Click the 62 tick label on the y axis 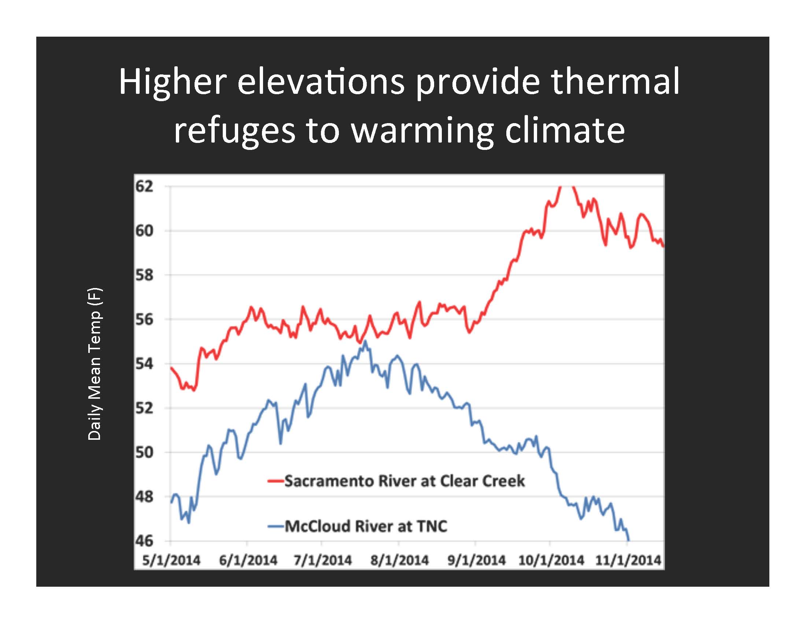tap(144, 187)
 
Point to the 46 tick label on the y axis tap(144, 541)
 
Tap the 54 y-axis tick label tap(144, 364)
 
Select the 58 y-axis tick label tap(144, 275)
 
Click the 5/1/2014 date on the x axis tap(171, 560)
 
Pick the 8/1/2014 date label tap(400, 560)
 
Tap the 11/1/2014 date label tap(628, 560)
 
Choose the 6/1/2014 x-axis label tap(248, 560)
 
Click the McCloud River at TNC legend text tap(366, 526)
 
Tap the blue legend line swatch tap(275, 526)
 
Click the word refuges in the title tap(235, 132)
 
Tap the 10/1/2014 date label tap(551, 560)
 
